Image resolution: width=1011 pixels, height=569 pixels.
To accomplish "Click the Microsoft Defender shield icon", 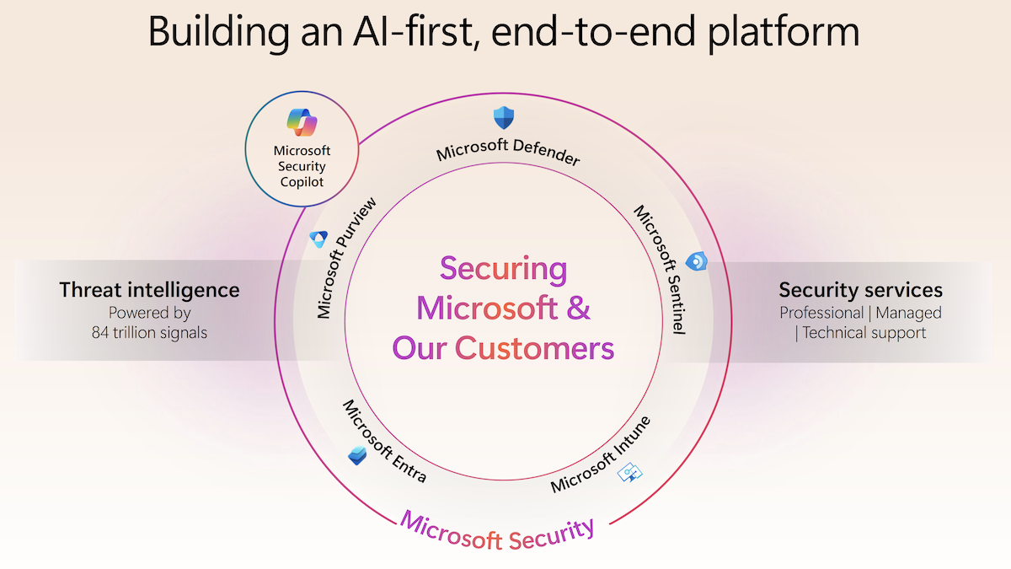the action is pyautogui.click(x=504, y=118).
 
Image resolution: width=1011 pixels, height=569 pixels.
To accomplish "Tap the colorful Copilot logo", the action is pyautogui.click(x=302, y=122).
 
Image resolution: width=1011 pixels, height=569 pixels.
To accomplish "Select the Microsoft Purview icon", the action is pyautogui.click(x=318, y=239).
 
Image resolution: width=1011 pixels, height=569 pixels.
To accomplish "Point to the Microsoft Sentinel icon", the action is pyautogui.click(x=697, y=261).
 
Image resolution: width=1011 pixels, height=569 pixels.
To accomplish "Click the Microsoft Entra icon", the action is pyautogui.click(x=357, y=456).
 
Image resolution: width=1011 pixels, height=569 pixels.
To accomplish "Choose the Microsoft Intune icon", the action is pyautogui.click(x=629, y=472).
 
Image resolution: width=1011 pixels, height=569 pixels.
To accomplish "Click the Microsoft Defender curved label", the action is pyautogui.click(x=508, y=150).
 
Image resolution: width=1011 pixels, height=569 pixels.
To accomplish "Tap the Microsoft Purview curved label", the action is pyautogui.click(x=345, y=258).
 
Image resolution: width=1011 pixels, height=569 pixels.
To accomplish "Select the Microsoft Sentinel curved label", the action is pyautogui.click(x=661, y=270).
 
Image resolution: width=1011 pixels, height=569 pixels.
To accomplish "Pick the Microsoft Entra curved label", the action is pyautogui.click(x=384, y=441).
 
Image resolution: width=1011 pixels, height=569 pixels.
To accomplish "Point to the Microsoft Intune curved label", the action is pyautogui.click(x=601, y=454).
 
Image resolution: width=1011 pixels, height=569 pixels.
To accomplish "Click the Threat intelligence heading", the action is pyautogui.click(x=149, y=290).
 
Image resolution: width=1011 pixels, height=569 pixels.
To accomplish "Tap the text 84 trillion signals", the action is pyautogui.click(x=149, y=333).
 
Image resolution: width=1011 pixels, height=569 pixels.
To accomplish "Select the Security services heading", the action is pyautogui.click(x=861, y=290).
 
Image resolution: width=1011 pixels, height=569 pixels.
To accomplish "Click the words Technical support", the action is pyautogui.click(x=864, y=333).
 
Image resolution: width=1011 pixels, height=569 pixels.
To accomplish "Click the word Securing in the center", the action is pyautogui.click(x=504, y=270).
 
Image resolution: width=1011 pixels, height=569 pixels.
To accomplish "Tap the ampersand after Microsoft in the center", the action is pyautogui.click(x=578, y=308).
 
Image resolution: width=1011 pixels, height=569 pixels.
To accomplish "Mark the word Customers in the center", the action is pyautogui.click(x=534, y=348).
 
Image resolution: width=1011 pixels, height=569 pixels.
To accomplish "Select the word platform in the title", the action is pyautogui.click(x=783, y=33).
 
